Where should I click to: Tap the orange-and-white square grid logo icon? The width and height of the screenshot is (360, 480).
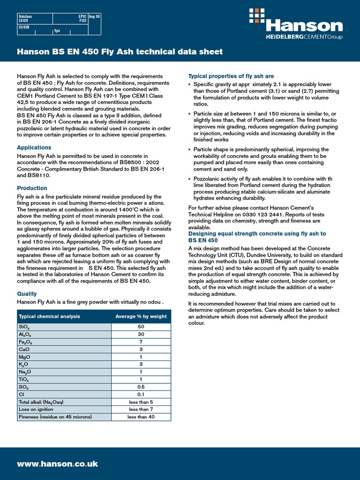[257, 15]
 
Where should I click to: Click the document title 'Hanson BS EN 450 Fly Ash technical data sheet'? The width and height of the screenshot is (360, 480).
[120, 52]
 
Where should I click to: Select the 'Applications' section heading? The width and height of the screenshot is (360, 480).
[34, 148]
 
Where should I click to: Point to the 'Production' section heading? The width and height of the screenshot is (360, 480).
[32, 188]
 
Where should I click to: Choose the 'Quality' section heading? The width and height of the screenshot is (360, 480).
[27, 294]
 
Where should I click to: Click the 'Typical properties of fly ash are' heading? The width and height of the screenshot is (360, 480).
[231, 76]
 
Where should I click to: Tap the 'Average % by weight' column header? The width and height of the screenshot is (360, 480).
[141, 316]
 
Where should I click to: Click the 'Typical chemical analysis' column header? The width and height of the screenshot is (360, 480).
[49, 316]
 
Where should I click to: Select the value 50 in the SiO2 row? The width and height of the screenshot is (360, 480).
[141, 327]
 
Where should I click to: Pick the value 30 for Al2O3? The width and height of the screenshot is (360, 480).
[141, 334]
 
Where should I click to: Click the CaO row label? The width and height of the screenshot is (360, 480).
[24, 349]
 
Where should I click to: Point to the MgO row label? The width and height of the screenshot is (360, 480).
[24, 357]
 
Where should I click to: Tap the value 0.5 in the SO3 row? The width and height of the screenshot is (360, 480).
[141, 387]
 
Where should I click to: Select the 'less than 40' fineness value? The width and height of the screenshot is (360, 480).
[141, 417]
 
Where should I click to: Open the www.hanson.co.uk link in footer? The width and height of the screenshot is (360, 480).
[57, 464]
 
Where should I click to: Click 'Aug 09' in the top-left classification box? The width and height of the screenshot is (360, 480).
[95, 16]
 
